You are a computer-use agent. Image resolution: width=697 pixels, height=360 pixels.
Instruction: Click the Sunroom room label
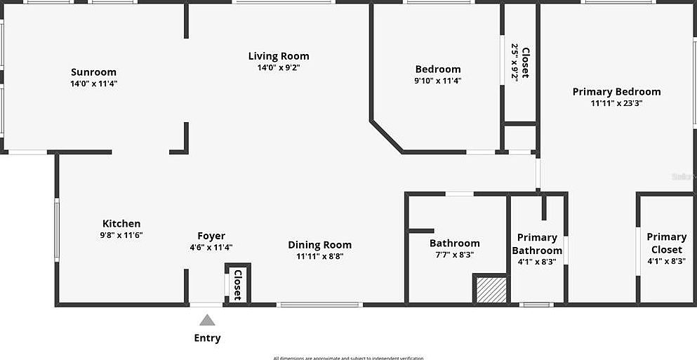[x=93, y=72]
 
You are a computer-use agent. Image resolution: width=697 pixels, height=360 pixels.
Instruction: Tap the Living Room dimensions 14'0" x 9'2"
[x=279, y=68]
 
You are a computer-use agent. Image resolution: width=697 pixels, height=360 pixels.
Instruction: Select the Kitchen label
[x=121, y=224]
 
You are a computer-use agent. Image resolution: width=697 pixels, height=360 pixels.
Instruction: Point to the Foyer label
[x=211, y=236]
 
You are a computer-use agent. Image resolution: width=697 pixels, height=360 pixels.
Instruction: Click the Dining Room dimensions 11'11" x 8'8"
[x=319, y=256]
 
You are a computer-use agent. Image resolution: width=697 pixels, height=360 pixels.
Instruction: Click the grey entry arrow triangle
[x=207, y=320]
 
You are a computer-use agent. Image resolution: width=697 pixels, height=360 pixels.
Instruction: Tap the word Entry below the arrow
[x=207, y=338]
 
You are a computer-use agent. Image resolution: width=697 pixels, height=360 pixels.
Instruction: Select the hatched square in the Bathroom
[x=491, y=290]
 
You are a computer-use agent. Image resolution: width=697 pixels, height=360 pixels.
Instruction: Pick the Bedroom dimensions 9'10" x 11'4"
[x=438, y=81]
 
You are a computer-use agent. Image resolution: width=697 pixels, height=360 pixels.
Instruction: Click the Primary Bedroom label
[x=616, y=91]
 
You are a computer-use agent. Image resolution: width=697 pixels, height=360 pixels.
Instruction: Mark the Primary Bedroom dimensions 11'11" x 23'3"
[x=616, y=103]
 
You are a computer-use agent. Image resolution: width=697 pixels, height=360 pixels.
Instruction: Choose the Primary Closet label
[x=666, y=243]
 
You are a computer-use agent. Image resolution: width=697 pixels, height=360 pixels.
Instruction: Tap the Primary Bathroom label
[x=537, y=244]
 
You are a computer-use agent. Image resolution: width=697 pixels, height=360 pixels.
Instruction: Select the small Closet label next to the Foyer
[x=237, y=284]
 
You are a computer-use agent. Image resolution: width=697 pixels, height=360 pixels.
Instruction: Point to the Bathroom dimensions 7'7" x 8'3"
[x=454, y=255]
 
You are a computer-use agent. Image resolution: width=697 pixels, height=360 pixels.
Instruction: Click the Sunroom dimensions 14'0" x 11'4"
[x=93, y=84]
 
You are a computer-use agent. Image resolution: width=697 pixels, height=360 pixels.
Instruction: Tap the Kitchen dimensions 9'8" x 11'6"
[x=122, y=236]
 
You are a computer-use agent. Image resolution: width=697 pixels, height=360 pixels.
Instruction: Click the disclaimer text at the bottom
[x=348, y=358]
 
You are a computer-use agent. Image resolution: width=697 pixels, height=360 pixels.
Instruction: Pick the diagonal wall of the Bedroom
[x=387, y=137]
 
